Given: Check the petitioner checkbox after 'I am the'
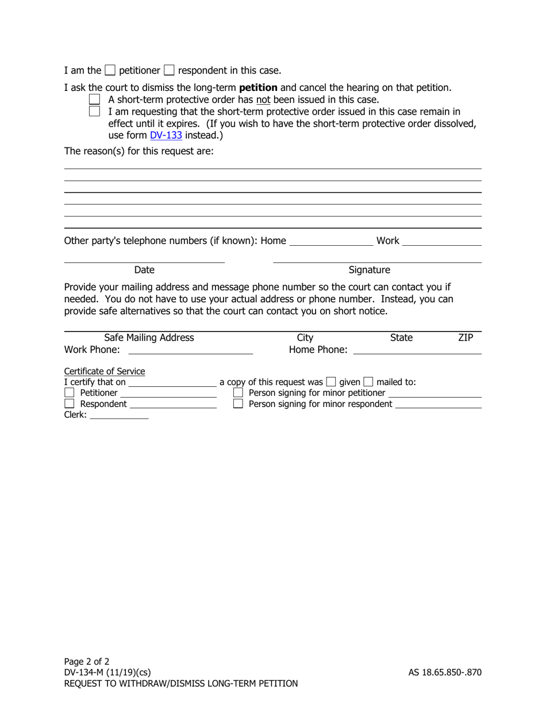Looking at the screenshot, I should pyautogui.click(x=110, y=70).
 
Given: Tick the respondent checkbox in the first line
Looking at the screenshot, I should pyautogui.click(x=169, y=70).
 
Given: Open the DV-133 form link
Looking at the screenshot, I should pyautogui.click(x=166, y=135).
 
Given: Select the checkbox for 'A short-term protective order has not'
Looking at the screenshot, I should pyautogui.click(x=95, y=100).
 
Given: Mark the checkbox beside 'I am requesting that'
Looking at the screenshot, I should pyautogui.click(x=95, y=111).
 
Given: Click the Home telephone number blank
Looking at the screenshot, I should pyautogui.click(x=331, y=242).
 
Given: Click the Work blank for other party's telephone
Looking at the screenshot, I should pyautogui.click(x=441, y=242).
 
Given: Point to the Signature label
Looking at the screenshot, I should pyautogui.click(x=369, y=270).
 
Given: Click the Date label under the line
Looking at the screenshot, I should pyautogui.click(x=144, y=270).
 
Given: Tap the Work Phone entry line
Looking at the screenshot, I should pyautogui.click(x=190, y=350).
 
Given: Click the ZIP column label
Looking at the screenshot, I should pyautogui.click(x=466, y=338).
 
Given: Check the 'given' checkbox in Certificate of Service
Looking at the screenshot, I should pyautogui.click(x=331, y=382).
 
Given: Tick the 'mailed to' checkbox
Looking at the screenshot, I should pyautogui.click(x=368, y=382).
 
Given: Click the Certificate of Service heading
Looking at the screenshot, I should pyautogui.click(x=105, y=371).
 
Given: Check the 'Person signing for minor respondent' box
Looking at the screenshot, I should pyautogui.click(x=238, y=404).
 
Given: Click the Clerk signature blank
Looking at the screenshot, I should pyautogui.click(x=119, y=415).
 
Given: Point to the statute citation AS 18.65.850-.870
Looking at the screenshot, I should pyautogui.click(x=445, y=672).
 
